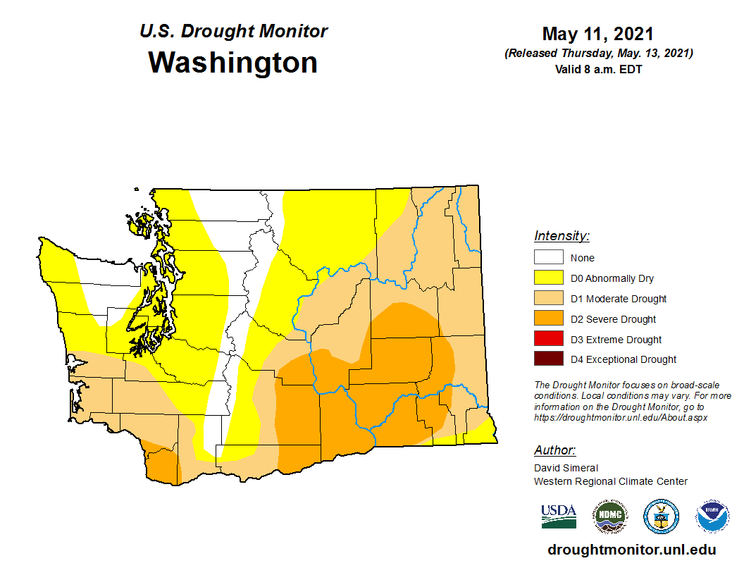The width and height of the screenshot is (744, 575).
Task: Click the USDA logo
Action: pyautogui.click(x=559, y=516)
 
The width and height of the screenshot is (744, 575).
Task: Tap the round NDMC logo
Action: pyautogui.click(x=609, y=517)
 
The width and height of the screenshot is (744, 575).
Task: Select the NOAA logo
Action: pyautogui.click(x=712, y=517)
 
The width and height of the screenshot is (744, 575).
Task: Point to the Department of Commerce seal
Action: pyautogui.click(x=661, y=517)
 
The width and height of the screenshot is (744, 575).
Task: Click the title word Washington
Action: pyautogui.click(x=232, y=63)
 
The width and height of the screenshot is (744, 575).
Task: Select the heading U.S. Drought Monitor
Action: pyautogui.click(x=233, y=32)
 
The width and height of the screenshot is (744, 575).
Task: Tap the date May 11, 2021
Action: pyautogui.click(x=598, y=34)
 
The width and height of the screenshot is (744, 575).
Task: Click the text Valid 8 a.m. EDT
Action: pyautogui.click(x=598, y=69)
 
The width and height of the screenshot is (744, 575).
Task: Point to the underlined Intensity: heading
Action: pyautogui.click(x=562, y=236)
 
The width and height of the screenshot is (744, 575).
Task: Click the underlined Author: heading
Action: pyautogui.click(x=554, y=450)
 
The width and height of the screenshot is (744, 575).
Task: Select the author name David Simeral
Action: pyautogui.click(x=566, y=468)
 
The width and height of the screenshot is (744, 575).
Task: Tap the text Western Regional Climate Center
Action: pyautogui.click(x=610, y=481)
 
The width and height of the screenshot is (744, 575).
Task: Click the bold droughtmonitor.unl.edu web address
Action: pyautogui.click(x=631, y=550)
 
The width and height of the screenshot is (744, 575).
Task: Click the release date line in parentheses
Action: pyautogui.click(x=598, y=54)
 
